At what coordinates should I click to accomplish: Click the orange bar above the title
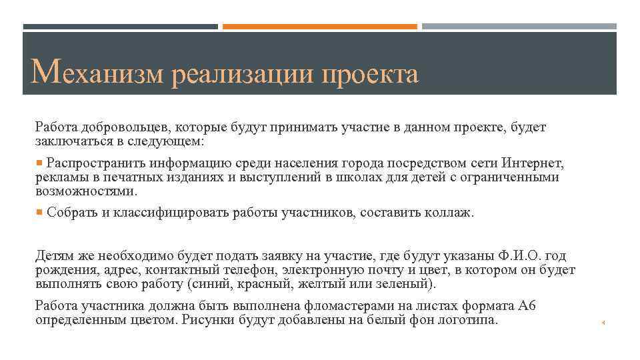(x=319, y=27)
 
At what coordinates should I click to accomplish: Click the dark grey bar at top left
(x=120, y=27)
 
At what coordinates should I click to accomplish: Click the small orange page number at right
(x=602, y=323)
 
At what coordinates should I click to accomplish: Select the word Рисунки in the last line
(x=206, y=320)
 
